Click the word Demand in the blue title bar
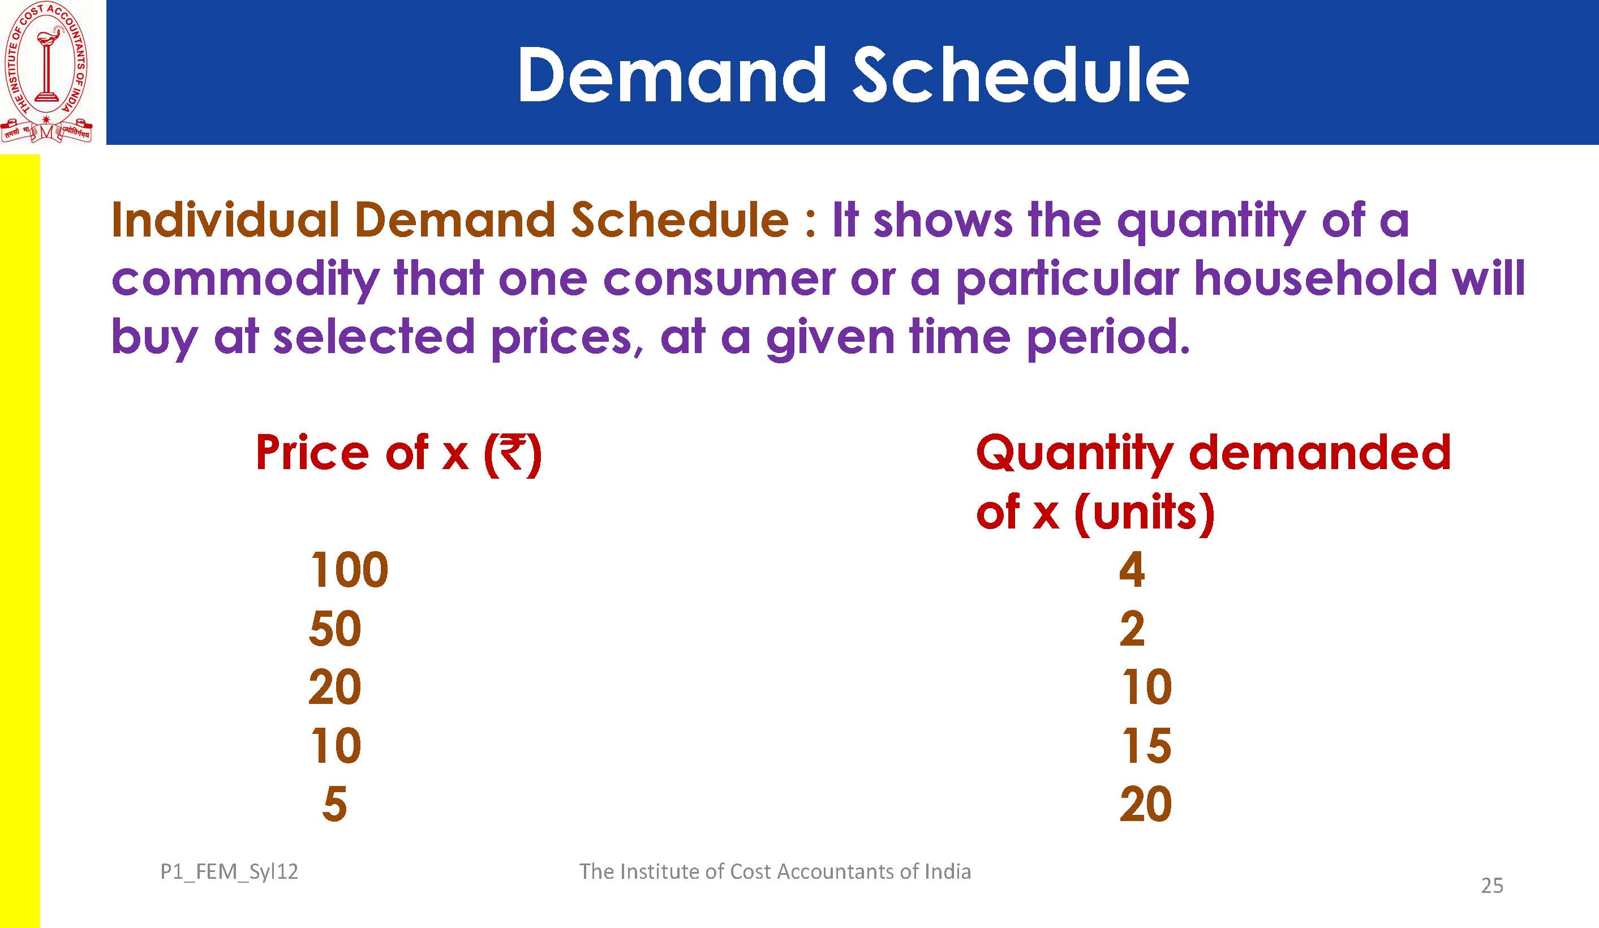(673, 75)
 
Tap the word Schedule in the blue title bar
(1020, 75)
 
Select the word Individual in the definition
(226, 220)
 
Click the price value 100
(349, 569)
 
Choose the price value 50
(335, 629)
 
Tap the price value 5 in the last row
(335, 804)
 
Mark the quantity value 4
(1132, 569)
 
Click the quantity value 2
(1132, 629)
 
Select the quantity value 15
(1146, 745)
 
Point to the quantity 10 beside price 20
(1146, 687)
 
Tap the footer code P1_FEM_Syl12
(229, 872)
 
